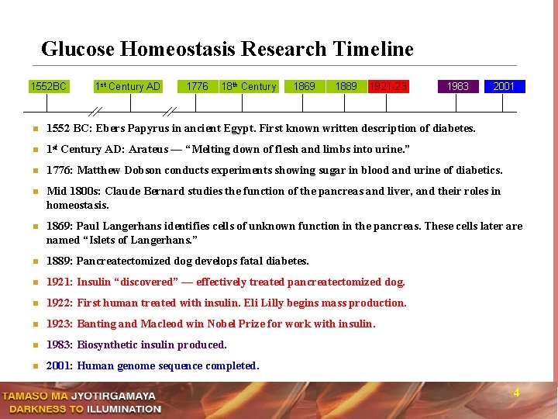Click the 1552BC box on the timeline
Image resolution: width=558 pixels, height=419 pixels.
[48, 86]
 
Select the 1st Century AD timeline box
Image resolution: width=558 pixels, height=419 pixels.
[127, 86]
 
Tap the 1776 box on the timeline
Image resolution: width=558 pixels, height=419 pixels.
[197, 86]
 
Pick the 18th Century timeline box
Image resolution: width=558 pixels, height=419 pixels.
[248, 86]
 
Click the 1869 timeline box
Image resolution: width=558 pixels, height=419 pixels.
[305, 86]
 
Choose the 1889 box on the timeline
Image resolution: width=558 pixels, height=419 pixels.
[346, 86]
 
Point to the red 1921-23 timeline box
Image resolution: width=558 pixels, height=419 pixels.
[387, 86]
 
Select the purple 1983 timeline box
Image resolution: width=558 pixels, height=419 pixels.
[458, 86]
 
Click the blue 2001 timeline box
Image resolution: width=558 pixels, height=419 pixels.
[504, 86]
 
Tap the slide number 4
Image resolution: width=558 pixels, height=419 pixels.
[516, 393]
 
